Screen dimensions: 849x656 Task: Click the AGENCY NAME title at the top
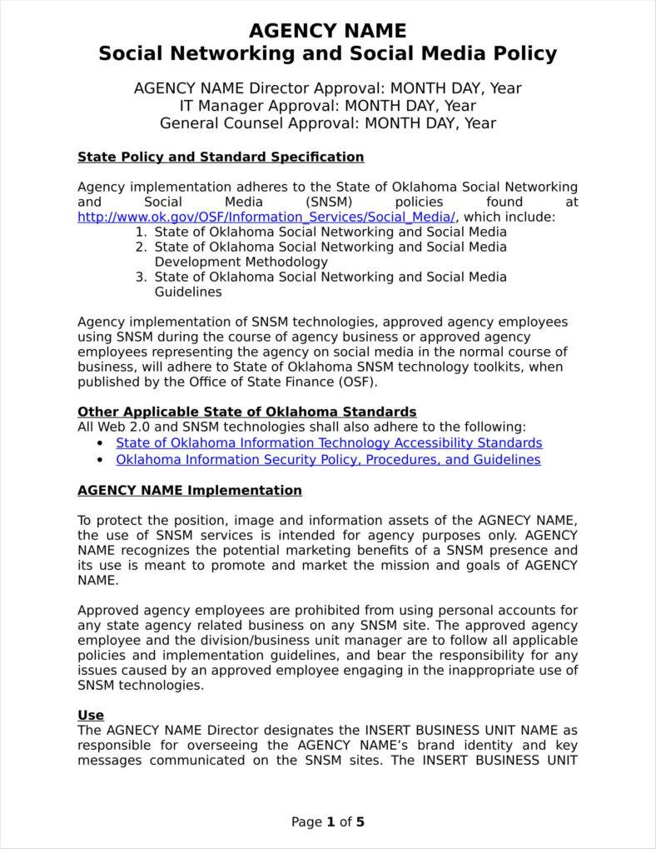327,32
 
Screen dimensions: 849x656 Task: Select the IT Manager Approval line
327,106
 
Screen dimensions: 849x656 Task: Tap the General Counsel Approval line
327,123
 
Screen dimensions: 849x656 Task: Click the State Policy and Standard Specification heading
221,157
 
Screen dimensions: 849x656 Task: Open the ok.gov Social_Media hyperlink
266,217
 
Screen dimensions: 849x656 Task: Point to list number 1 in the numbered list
141,232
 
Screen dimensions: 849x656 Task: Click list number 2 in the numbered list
141,247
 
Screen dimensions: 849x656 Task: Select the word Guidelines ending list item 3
188,292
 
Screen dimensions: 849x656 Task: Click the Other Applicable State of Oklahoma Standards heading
246,412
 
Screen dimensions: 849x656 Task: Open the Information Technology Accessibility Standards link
329,443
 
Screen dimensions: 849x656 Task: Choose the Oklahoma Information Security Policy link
328,460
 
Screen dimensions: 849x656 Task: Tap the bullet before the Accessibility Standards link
101,443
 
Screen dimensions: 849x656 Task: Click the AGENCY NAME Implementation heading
189,490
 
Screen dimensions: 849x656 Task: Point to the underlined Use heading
90,715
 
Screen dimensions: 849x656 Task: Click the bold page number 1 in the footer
330,822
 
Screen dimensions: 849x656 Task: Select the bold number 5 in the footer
360,822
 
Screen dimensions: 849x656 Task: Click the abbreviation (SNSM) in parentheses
329,202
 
